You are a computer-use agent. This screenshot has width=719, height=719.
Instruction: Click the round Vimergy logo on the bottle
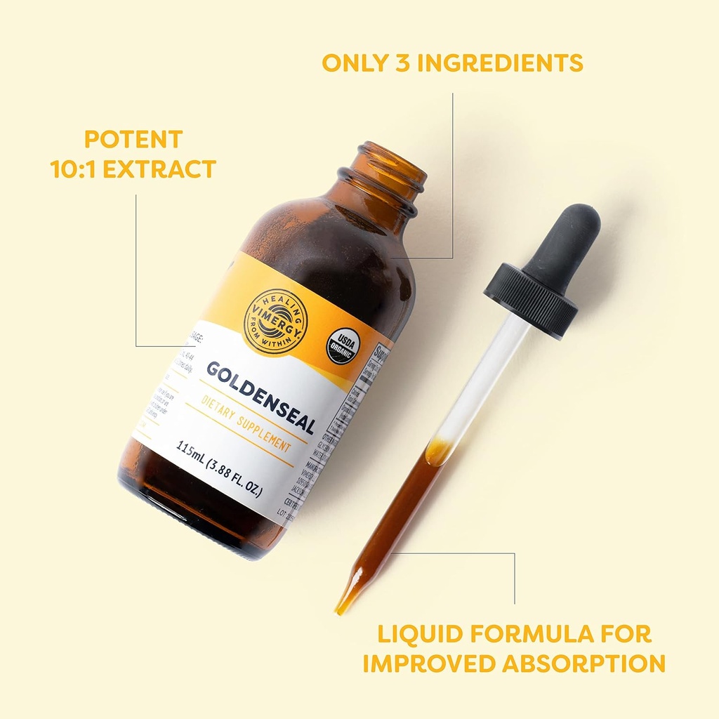pyautogui.click(x=275, y=321)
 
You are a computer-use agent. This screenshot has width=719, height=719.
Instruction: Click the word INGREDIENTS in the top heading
pyautogui.click(x=503, y=62)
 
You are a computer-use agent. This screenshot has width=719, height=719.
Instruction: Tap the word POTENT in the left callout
pyautogui.click(x=133, y=138)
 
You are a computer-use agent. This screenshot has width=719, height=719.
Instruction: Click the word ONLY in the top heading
pyautogui.click(x=354, y=62)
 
